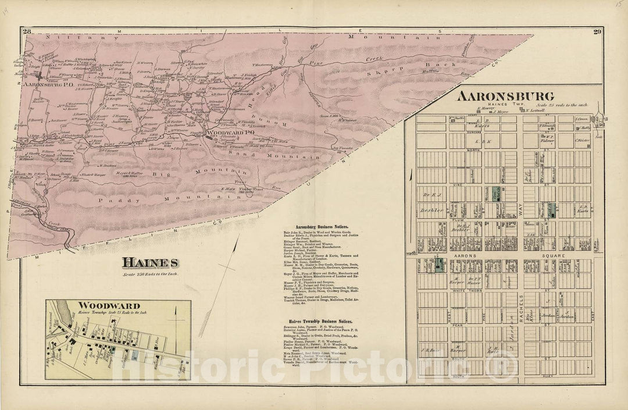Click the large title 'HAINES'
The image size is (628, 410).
pyautogui.click(x=150, y=263)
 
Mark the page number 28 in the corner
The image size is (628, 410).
pyautogui.click(x=26, y=31)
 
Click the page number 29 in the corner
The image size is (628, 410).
pyautogui.click(x=595, y=31)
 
